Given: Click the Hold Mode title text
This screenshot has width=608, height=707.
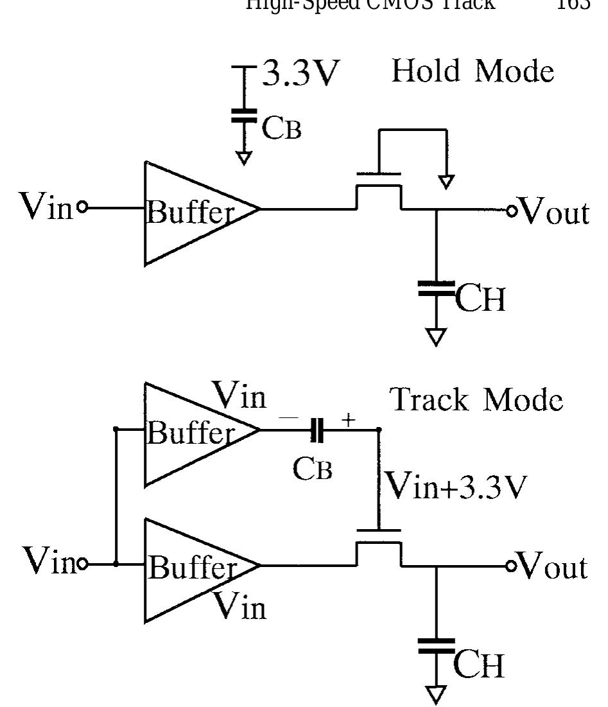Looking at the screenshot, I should pos(473,71).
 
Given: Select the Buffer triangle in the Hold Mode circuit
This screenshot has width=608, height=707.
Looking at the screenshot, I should pos(193,213).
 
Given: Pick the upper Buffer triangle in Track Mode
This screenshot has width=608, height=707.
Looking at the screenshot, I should pos(193,433).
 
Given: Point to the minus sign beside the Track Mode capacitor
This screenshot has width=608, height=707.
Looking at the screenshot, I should pos(288,418).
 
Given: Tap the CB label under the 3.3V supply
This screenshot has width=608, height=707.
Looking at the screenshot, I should pos(281,128).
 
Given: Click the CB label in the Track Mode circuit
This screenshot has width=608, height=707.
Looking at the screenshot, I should pos(313,468).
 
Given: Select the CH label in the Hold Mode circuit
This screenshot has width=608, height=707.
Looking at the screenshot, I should pos(480,299).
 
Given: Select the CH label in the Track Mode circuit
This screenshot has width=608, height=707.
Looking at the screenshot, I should pos(479,665).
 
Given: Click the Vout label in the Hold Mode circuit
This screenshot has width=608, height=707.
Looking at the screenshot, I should pos(553,212).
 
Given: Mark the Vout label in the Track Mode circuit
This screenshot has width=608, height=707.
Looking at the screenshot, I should pos(552,566).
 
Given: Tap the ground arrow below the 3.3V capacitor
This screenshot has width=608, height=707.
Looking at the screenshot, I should pos(243,158).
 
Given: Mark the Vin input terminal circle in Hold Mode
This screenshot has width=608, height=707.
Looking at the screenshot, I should pos(82,207).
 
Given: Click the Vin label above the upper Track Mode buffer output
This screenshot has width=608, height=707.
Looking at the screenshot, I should pos(240,396).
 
